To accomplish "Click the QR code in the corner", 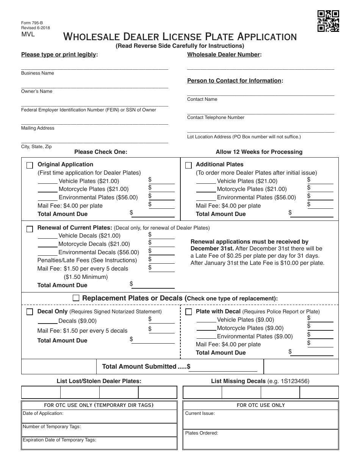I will pyautogui.click(x=328, y=21).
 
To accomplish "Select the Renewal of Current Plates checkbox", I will pyautogui.click(x=30, y=229).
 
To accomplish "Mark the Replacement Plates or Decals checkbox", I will pyautogui.click(x=76, y=298).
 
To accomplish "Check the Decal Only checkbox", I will pyautogui.click(x=30, y=312).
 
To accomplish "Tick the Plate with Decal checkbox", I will pyautogui.click(x=188, y=312).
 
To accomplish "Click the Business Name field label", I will pyautogui.click(x=38, y=73).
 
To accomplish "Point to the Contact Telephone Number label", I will pyautogui.click(x=216, y=117).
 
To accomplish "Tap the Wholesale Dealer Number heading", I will pyautogui.click(x=224, y=55).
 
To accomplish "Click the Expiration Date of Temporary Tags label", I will pyautogui.click(x=59, y=440).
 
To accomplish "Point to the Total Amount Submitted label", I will pyautogui.click(x=139, y=366).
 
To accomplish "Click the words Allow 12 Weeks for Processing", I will pyautogui.click(x=259, y=152).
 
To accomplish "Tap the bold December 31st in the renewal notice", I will pyautogui.click(x=212, y=249).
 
